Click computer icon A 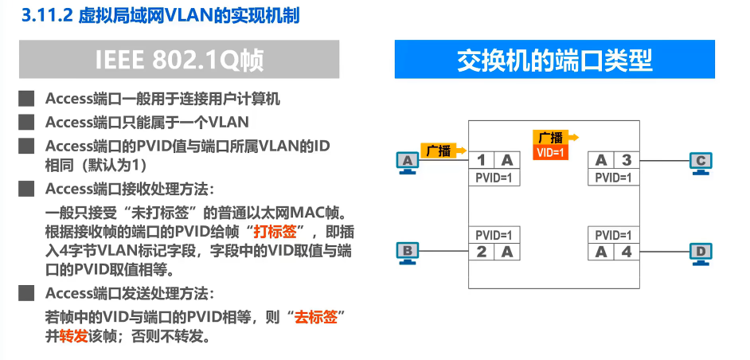408,162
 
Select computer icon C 700,162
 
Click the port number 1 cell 481,160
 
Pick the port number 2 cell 481,252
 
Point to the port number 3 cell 626,160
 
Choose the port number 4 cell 626,252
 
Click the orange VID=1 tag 550,151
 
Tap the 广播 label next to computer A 438,150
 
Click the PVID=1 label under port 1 494,178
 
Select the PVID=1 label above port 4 614,235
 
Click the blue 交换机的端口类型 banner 554,60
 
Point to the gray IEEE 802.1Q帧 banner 179,60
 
